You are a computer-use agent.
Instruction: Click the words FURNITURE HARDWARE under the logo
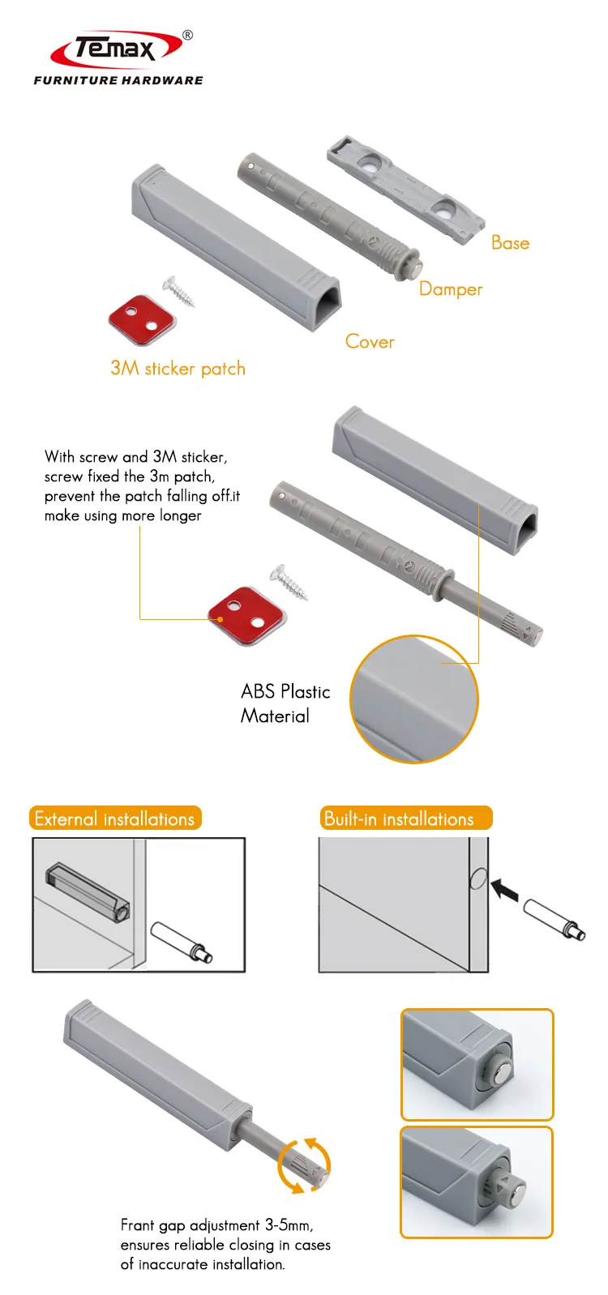point(118,80)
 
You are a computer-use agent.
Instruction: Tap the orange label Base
point(510,243)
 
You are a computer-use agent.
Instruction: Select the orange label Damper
point(451,289)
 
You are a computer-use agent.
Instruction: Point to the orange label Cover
point(370,342)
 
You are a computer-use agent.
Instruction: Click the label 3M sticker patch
point(178,369)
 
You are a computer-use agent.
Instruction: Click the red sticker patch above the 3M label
point(142,319)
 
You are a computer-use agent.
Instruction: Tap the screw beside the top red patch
point(179,291)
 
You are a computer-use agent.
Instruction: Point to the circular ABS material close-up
point(414,699)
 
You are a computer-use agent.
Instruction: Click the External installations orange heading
point(114,818)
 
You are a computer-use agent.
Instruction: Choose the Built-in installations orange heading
point(405,818)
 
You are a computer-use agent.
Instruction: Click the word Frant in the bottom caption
point(137,1225)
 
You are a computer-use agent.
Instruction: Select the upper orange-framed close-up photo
point(477,1064)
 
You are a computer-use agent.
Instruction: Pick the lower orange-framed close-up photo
point(477,1182)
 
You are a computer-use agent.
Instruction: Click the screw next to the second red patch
point(290,582)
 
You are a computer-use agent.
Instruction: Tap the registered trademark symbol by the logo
point(188,35)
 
